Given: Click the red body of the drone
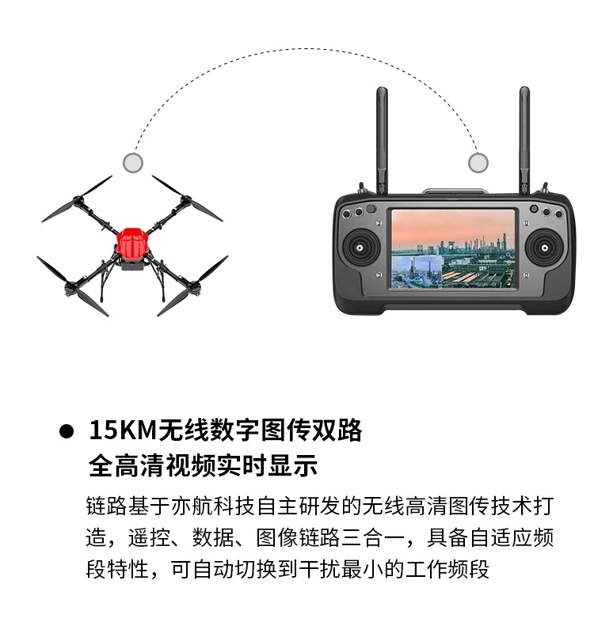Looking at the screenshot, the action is pyautogui.click(x=131, y=246).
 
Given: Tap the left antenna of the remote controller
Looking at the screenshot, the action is pyautogui.click(x=382, y=140).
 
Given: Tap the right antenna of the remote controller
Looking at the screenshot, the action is pyautogui.click(x=524, y=140).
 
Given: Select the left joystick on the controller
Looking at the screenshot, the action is pyautogui.click(x=360, y=248).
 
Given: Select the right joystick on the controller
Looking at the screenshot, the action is pyautogui.click(x=545, y=248).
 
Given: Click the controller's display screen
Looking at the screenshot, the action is pyautogui.click(x=453, y=249).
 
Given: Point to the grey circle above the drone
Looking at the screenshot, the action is pyautogui.click(x=133, y=162).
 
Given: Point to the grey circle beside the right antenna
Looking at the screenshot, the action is pyautogui.click(x=478, y=162).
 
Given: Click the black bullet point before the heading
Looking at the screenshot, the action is pyautogui.click(x=67, y=431).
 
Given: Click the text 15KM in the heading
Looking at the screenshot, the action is pyautogui.click(x=123, y=430).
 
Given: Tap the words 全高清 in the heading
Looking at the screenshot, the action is pyautogui.click(x=126, y=465).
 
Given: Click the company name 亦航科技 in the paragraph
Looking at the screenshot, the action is pyautogui.click(x=213, y=506).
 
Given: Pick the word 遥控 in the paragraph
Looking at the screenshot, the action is pyautogui.click(x=149, y=538).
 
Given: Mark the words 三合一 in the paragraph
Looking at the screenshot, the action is pyautogui.click(x=373, y=538).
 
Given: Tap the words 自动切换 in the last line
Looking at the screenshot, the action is pyautogui.click(x=234, y=570).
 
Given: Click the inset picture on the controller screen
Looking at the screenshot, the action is pyautogui.click(x=417, y=271).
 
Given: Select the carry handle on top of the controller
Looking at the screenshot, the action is pyautogui.click(x=455, y=192).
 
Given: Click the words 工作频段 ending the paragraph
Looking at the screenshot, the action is pyautogui.click(x=447, y=570).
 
